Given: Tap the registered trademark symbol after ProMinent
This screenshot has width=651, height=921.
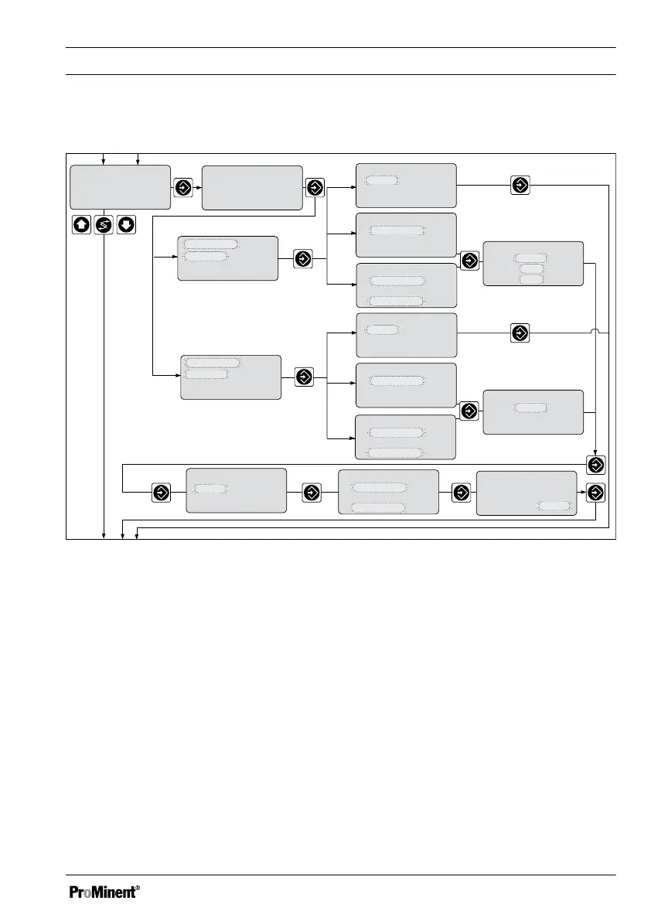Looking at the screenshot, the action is click(138, 888).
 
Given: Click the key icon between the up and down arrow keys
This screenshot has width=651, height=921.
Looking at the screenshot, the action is click(104, 225).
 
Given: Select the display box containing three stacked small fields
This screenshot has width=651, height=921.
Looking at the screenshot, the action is click(533, 264).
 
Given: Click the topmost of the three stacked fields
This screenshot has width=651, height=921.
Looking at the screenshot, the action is click(530, 256).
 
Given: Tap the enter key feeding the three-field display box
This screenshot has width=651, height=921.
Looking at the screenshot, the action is click(469, 261).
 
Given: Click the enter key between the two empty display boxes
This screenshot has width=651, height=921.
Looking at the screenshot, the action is click(182, 187).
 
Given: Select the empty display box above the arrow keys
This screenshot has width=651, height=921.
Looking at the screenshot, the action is click(120, 187).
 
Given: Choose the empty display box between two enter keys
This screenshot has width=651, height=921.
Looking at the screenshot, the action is click(251, 187).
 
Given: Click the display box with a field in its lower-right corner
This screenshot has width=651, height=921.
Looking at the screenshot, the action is click(527, 493).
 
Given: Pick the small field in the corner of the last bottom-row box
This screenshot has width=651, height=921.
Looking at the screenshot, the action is click(555, 506).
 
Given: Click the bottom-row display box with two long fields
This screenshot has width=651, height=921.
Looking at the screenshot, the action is click(388, 491).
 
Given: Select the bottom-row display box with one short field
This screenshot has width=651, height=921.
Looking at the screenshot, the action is click(236, 489).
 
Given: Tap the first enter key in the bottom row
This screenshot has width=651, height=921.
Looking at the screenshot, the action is click(161, 492).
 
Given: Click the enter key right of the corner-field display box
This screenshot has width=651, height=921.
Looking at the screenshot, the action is click(595, 492).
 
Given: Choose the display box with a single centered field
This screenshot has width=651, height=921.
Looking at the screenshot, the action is click(533, 412).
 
